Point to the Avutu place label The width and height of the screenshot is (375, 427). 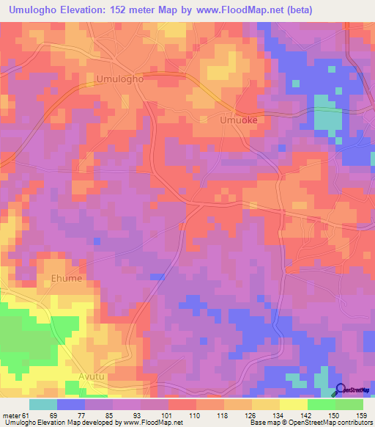click(93, 377)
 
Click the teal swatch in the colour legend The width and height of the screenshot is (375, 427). click(43, 404)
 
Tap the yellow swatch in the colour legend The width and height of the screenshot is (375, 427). click(293, 404)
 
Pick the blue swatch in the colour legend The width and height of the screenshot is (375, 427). click(71, 404)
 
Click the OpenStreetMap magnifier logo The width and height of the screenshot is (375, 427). click(339, 390)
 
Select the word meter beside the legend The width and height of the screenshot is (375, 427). click(10, 415)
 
